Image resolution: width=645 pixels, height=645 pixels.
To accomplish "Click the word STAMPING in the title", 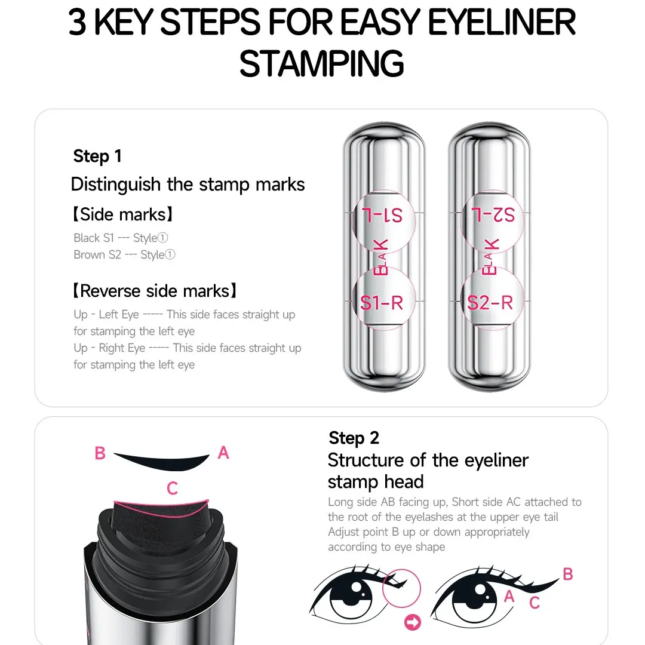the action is [x=321, y=63].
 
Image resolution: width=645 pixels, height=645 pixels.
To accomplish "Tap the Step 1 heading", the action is [x=97, y=156].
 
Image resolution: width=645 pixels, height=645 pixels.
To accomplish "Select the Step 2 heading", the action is [x=354, y=438].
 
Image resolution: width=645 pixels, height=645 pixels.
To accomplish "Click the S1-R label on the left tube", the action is [x=381, y=303].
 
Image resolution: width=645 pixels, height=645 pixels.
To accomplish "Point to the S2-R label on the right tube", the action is [x=490, y=303].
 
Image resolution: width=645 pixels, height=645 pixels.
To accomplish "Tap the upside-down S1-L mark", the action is [x=382, y=215].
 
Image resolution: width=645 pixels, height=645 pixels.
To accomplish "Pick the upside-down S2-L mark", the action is [x=493, y=215].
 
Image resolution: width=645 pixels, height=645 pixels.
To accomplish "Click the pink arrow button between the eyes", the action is [x=413, y=622].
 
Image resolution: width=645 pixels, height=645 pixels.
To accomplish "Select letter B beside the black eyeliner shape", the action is [x=100, y=453].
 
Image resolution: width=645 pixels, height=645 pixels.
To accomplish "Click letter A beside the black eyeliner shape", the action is [x=223, y=453].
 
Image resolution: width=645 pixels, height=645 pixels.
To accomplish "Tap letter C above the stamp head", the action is [x=173, y=489].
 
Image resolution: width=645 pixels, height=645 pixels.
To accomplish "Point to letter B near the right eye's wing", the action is [x=568, y=574].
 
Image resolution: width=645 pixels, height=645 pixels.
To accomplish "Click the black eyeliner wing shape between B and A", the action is [x=165, y=462].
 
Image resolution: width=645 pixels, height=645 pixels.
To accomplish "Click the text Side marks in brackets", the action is [x=122, y=214].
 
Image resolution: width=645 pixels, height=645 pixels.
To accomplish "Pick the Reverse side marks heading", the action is [x=155, y=291].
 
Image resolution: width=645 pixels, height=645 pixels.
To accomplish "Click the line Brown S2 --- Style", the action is [x=124, y=255].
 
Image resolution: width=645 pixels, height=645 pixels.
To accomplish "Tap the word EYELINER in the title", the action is [x=502, y=23].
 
